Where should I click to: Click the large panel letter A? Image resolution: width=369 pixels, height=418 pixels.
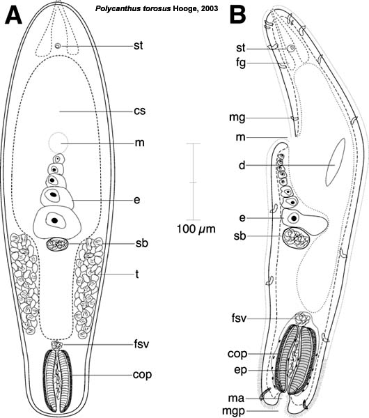(x=13, y=15)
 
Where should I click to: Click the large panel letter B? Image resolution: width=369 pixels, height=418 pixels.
(x=237, y=15)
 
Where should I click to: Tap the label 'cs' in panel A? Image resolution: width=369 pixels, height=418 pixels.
(x=140, y=111)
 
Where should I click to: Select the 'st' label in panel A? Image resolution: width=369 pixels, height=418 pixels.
(x=139, y=45)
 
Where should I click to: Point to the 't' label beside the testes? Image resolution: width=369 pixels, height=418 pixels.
(x=137, y=274)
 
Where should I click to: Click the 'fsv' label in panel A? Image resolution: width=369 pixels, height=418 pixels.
(x=141, y=344)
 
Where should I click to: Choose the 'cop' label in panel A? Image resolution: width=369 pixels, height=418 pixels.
(x=142, y=376)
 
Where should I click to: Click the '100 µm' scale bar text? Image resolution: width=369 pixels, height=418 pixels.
(x=196, y=229)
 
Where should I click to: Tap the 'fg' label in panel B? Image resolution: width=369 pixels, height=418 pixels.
(x=241, y=63)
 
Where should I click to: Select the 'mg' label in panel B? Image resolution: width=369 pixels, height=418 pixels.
(x=237, y=118)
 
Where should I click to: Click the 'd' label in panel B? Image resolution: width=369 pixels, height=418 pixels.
(x=242, y=165)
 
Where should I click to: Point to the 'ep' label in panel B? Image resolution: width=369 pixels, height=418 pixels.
(x=241, y=371)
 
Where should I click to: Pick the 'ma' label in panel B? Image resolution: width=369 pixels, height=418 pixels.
(x=236, y=398)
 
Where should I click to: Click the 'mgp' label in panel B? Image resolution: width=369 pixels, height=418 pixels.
(x=234, y=411)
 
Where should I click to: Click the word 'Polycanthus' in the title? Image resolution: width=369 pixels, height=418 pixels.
(x=114, y=9)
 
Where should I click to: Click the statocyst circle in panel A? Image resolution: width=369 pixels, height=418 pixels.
(x=58, y=46)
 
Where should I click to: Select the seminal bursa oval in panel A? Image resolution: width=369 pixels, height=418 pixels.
(x=57, y=244)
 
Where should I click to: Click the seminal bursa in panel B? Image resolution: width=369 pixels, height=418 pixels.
(x=296, y=238)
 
